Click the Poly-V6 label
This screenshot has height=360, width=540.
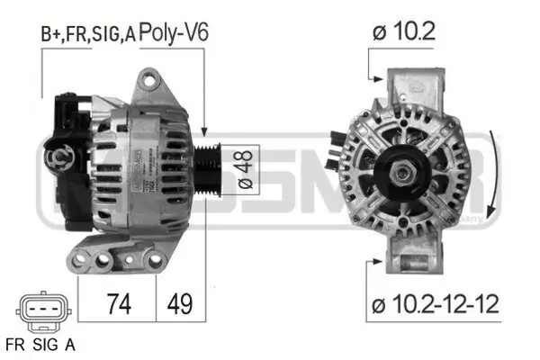tap(175, 33)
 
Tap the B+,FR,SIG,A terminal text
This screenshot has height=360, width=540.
tap(87, 34)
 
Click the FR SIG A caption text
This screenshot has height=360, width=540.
tap(40, 343)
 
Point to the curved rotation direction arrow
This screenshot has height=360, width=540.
tap(494, 166)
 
